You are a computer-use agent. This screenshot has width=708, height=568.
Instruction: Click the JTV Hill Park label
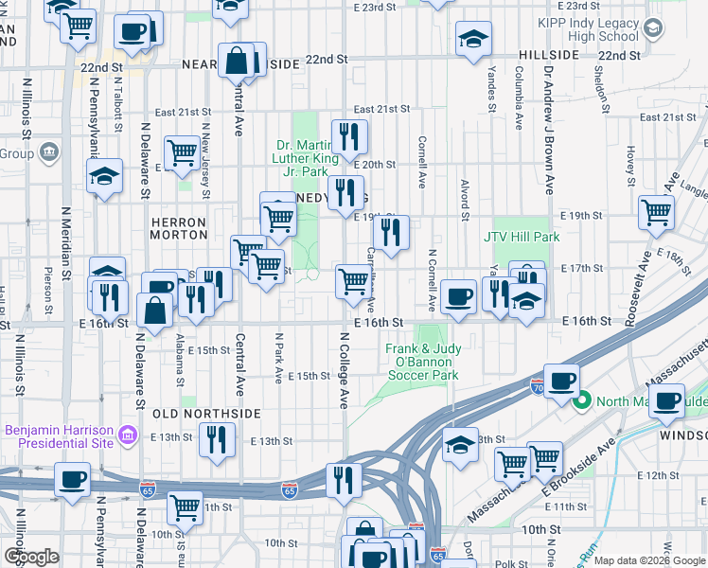pos(522,237)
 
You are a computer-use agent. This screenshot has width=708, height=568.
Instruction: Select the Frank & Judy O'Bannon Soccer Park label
pos(422,362)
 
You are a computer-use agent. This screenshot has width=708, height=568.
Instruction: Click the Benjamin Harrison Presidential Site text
pos(59,435)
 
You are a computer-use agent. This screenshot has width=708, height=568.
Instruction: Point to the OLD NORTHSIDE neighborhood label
pos(205,414)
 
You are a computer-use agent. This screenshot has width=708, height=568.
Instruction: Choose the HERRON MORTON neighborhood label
pos(178,227)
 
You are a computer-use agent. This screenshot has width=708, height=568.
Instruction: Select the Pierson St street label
pos(47,287)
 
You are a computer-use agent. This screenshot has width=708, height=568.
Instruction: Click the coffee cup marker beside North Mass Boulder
pos(668,400)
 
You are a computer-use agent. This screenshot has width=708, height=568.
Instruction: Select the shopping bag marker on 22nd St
pos(236,62)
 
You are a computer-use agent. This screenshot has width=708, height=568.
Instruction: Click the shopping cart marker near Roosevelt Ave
pos(656,213)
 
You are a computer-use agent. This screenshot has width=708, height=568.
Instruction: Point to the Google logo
pos(31,557)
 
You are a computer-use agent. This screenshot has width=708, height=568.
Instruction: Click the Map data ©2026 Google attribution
pos(648,560)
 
